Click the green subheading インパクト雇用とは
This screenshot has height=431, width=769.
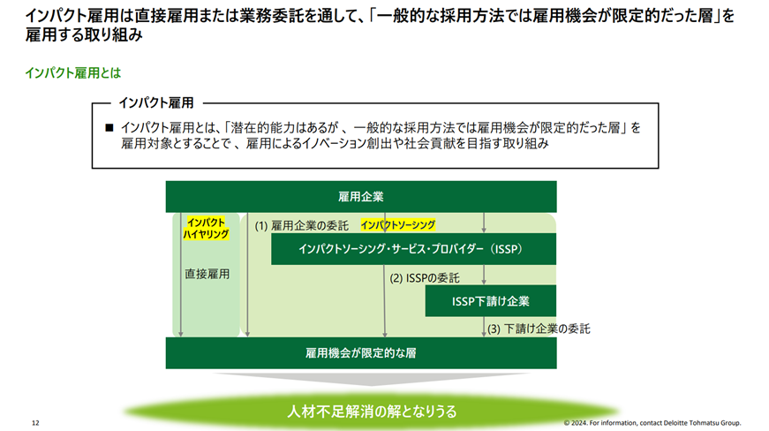(73, 73)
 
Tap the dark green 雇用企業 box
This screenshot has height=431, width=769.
(361, 197)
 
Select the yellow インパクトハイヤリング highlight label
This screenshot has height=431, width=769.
(206, 229)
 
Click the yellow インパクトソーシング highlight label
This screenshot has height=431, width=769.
(397, 225)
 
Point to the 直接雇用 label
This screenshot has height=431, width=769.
(207, 274)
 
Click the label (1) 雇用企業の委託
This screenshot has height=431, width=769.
(302, 225)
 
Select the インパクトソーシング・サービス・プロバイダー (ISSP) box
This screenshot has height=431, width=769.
(413, 249)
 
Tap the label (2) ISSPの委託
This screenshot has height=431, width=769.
(425, 278)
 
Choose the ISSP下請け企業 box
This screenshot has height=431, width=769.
(490, 301)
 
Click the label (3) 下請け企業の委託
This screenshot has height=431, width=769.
(539, 329)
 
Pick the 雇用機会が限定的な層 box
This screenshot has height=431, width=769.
(361, 353)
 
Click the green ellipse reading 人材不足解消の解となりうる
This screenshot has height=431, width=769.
(372, 412)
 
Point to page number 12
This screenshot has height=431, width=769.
(35, 423)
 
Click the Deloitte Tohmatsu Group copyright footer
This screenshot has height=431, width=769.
(652, 423)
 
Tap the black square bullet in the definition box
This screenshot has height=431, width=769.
(109, 128)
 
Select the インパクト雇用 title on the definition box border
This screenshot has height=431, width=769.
(156, 103)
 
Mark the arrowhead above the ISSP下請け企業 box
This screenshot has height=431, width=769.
(484, 282)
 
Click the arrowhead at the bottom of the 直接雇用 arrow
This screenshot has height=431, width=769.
(180, 334)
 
